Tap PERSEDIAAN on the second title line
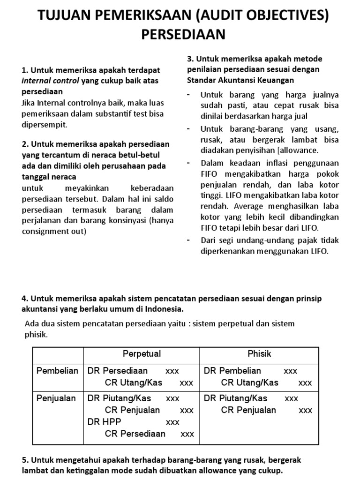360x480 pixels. point(180,35)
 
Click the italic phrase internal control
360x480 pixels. point(51,81)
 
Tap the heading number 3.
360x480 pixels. point(190,59)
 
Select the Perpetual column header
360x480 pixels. point(141,354)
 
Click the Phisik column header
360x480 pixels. point(259,354)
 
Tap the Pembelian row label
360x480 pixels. point(57,371)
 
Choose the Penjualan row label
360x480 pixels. point(56,398)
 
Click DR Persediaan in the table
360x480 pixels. point(118,371)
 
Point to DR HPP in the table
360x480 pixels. point(105,422)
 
